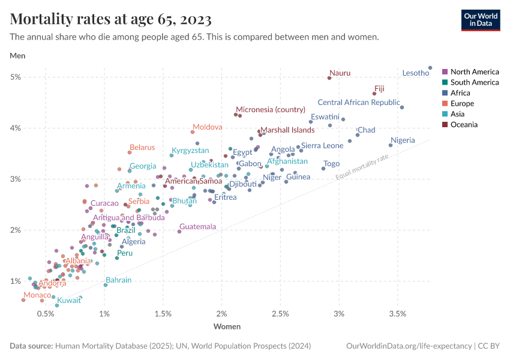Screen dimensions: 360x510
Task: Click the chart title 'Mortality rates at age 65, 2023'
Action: tap(111, 19)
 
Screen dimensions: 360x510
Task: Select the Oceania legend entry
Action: tap(464, 125)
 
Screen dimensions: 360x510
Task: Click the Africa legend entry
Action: tap(460, 93)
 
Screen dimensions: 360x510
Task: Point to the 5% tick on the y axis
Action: tap(16, 77)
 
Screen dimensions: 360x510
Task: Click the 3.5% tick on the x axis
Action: tap(397, 314)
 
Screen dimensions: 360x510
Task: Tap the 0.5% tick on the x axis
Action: tap(46, 314)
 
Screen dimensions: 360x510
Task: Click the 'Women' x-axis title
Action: tap(227, 327)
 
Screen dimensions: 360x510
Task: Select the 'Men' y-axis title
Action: tap(17, 56)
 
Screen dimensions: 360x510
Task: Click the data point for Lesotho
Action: tap(430, 68)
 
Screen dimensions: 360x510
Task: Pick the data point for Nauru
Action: tap(329, 78)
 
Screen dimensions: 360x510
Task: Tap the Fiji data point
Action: tap(374, 94)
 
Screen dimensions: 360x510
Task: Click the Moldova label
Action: tap(207, 127)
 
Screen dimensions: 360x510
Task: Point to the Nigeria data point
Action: tap(391, 145)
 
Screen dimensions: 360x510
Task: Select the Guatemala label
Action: tap(197, 227)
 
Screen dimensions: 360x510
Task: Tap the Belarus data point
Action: tap(129, 152)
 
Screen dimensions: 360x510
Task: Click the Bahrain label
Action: tap(118, 280)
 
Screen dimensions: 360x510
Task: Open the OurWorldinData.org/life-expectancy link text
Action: tap(409, 346)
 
